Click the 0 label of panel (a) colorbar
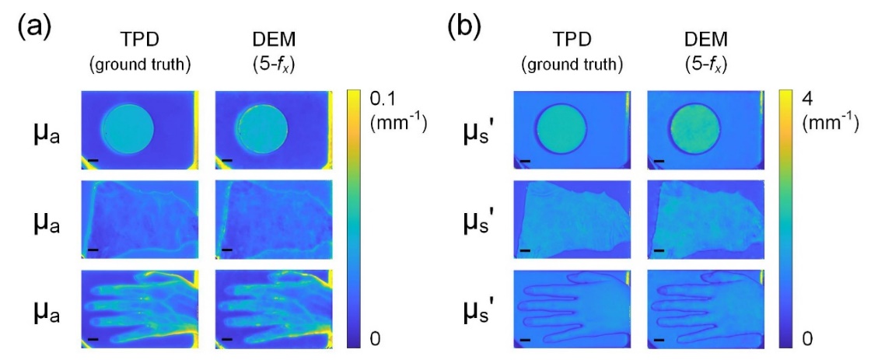pyautogui.click(x=376, y=338)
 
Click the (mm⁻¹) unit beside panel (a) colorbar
pyautogui.click(x=397, y=123)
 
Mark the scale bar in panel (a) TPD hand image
pyautogui.click(x=94, y=339)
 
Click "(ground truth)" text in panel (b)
pyautogui.click(x=572, y=65)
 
